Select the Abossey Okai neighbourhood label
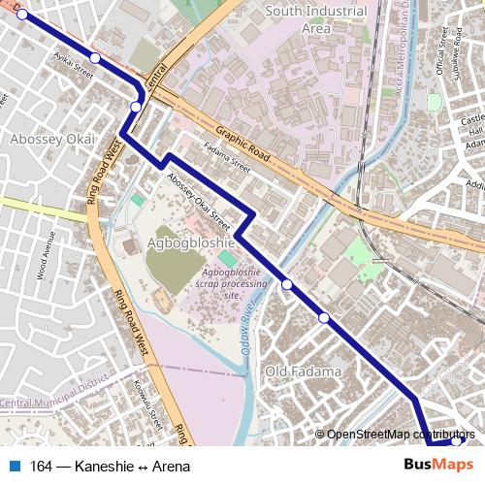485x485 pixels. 52,140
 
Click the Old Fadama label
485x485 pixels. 304,372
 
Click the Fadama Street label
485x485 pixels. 226,159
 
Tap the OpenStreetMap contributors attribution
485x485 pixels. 399,435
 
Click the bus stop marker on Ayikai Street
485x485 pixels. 95,59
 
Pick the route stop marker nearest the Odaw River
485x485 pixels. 287,284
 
